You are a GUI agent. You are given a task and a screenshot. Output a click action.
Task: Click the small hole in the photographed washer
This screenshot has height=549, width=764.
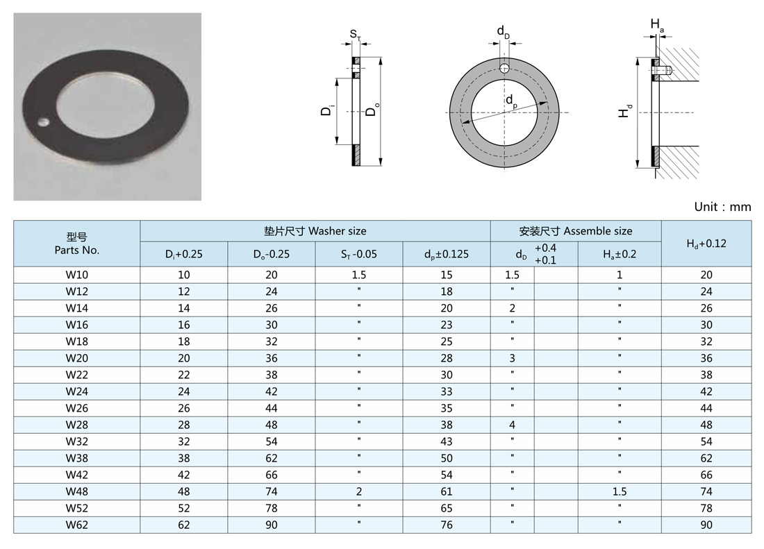44,121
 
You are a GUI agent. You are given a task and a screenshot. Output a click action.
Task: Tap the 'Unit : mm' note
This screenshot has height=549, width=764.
722,207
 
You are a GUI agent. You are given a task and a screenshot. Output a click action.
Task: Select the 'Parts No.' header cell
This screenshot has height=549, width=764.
77,244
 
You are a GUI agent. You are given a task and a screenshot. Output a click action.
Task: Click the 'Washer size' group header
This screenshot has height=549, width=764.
315,231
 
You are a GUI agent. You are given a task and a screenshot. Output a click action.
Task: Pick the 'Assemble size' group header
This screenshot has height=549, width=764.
576,231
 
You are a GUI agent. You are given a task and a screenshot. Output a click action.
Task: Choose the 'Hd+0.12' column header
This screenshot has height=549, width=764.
706,244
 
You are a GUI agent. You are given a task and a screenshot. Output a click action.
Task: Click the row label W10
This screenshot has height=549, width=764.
77,275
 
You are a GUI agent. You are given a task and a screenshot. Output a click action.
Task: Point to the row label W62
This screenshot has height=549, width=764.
77,525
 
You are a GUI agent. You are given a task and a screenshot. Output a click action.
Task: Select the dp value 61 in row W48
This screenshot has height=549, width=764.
447,491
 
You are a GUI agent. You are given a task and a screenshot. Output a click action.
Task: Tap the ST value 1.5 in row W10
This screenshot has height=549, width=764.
358,275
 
